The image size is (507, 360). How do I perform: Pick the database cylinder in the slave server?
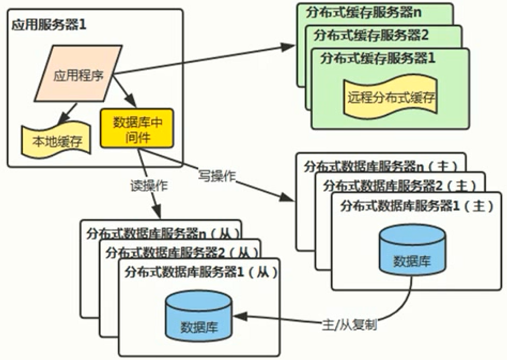point(198,318)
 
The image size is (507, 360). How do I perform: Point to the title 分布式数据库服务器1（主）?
point(413,206)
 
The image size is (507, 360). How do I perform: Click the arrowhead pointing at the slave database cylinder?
point(238,318)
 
